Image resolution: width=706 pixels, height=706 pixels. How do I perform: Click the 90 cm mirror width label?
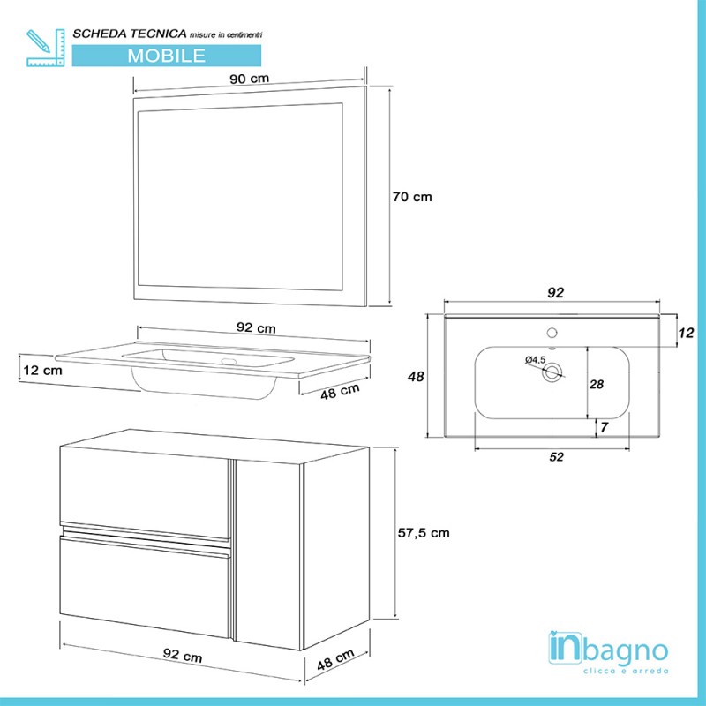click(250, 79)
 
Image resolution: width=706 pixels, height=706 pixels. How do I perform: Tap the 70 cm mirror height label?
click(411, 197)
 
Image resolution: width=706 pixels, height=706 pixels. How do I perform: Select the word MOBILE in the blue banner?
click(167, 55)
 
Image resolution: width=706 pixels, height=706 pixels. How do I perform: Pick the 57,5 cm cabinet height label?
click(421, 532)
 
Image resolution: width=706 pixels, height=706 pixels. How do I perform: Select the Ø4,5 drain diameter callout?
click(535, 359)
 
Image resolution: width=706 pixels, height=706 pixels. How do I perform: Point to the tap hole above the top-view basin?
click(552, 334)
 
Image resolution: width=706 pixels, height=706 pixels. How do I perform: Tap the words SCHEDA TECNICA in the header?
click(129, 33)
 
